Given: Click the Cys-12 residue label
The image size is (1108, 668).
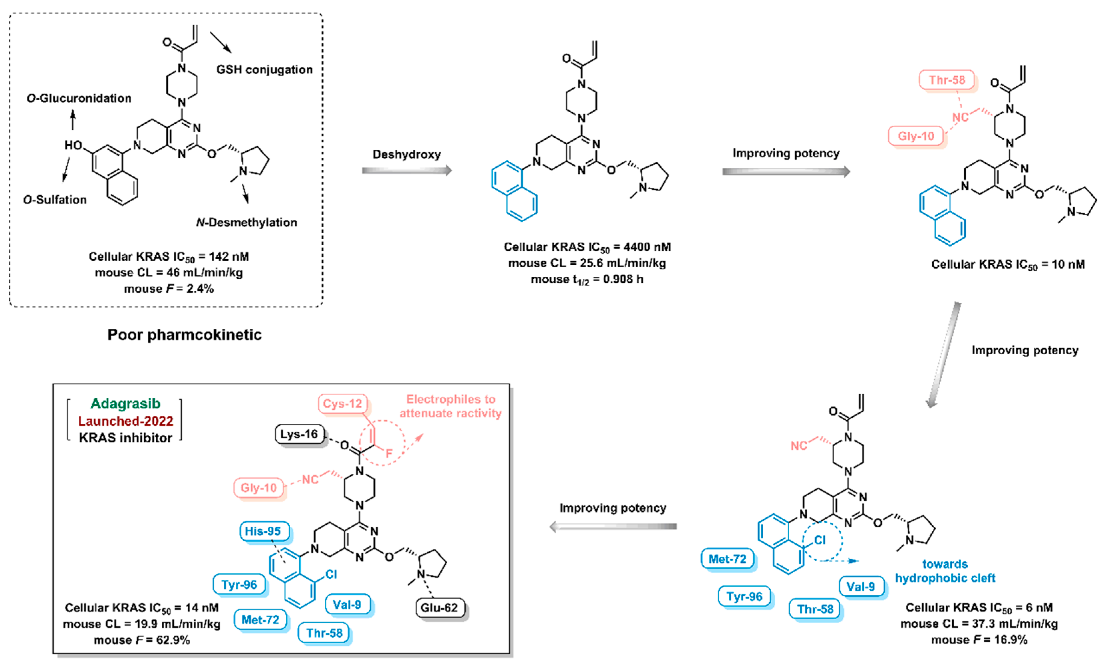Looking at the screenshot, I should (343, 403).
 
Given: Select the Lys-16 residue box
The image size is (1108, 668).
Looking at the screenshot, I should (299, 434).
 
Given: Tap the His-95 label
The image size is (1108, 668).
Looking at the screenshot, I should (263, 531).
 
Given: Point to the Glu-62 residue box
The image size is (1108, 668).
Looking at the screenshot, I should (439, 608).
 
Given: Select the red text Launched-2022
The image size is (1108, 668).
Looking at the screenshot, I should (126, 421).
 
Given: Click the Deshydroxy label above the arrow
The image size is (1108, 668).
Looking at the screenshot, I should (407, 154).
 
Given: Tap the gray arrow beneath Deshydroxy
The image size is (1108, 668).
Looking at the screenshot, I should (407, 170).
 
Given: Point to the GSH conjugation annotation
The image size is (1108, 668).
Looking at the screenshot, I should (265, 70).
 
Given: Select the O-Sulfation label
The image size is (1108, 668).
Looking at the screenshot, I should (55, 200).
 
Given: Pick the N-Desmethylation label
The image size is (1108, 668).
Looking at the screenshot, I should (247, 222).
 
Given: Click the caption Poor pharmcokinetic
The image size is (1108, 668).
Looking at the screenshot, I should (184, 335).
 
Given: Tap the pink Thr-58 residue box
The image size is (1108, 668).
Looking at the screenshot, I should (947, 80).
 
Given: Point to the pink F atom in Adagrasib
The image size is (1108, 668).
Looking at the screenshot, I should (389, 453).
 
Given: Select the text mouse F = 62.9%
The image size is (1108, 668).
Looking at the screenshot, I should (142, 640).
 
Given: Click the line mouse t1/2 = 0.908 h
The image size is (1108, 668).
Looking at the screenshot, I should (587, 279).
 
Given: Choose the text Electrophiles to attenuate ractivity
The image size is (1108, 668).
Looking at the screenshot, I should (451, 406).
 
